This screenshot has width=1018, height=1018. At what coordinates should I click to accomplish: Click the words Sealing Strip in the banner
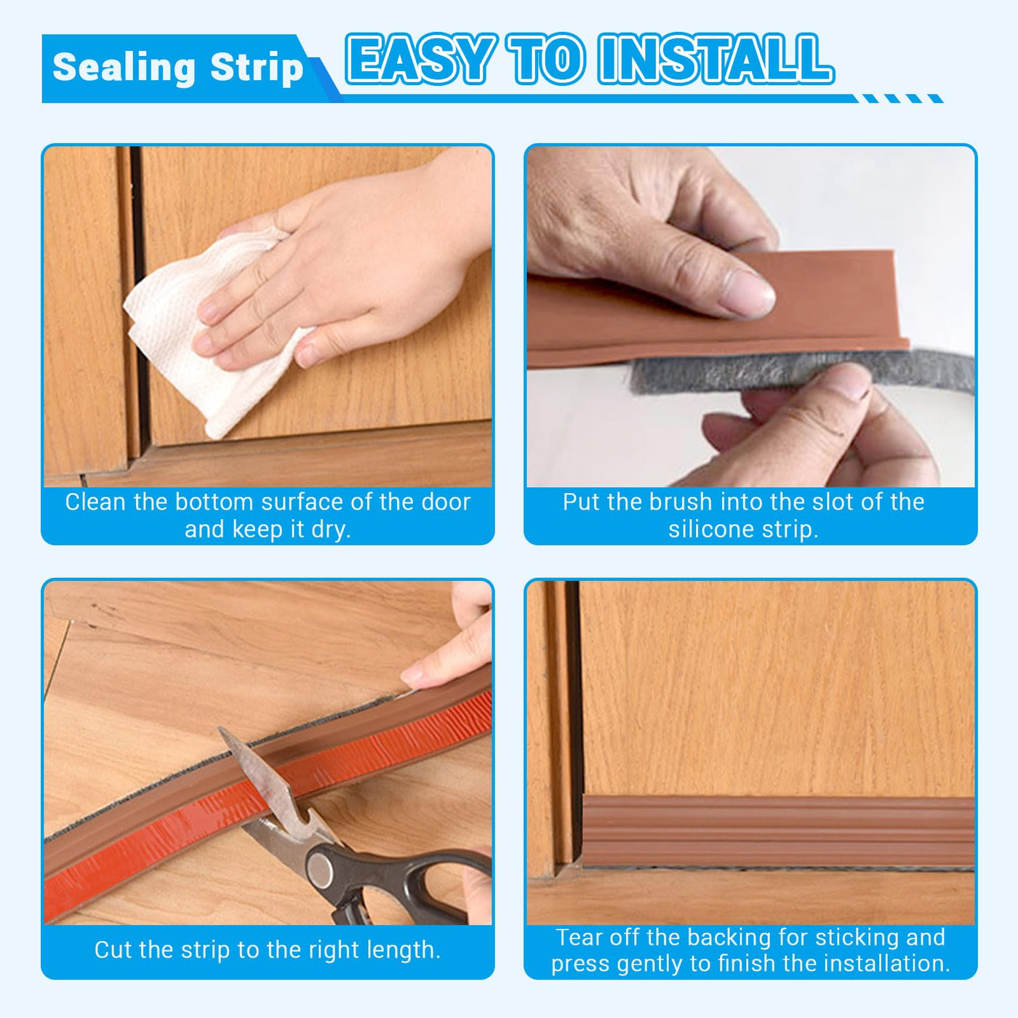177,68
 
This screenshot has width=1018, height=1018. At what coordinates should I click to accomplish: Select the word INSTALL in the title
716,59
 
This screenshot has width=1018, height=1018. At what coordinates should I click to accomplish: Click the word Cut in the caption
112,950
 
